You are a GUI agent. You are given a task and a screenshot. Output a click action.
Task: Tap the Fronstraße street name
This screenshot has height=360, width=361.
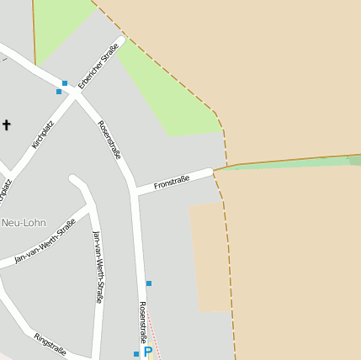pyautogui.click(x=171, y=181)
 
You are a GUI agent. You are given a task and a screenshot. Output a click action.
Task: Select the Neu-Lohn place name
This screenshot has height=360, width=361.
pyautogui.click(x=24, y=223)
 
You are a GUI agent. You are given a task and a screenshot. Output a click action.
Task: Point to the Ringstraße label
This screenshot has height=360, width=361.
pyautogui.click(x=50, y=344)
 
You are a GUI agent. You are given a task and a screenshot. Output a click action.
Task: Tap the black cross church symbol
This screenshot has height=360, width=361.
pyautogui.click(x=7, y=125)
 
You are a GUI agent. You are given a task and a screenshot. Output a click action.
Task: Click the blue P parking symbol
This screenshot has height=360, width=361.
pyautogui.click(x=148, y=352)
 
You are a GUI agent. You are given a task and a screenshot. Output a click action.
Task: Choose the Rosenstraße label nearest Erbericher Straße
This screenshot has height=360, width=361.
pyautogui.click(x=109, y=140)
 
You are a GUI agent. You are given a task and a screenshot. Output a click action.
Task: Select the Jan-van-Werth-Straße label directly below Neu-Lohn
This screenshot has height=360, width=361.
pyautogui.click(x=45, y=241)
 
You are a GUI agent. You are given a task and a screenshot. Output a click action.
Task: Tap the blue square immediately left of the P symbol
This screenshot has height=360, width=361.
pyautogui.click(x=136, y=354)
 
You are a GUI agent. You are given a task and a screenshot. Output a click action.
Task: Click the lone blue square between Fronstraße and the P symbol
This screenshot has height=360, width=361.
pyautogui.click(x=149, y=283)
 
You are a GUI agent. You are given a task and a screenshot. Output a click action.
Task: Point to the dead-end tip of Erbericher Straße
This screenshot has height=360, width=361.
pyautogui.click(x=121, y=40)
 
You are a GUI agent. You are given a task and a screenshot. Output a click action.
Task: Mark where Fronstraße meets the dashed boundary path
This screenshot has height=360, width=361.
pyautogui.click(x=214, y=171)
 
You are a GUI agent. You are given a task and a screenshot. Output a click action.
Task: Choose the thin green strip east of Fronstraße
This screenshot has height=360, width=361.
pyautogui.click(x=286, y=163)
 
